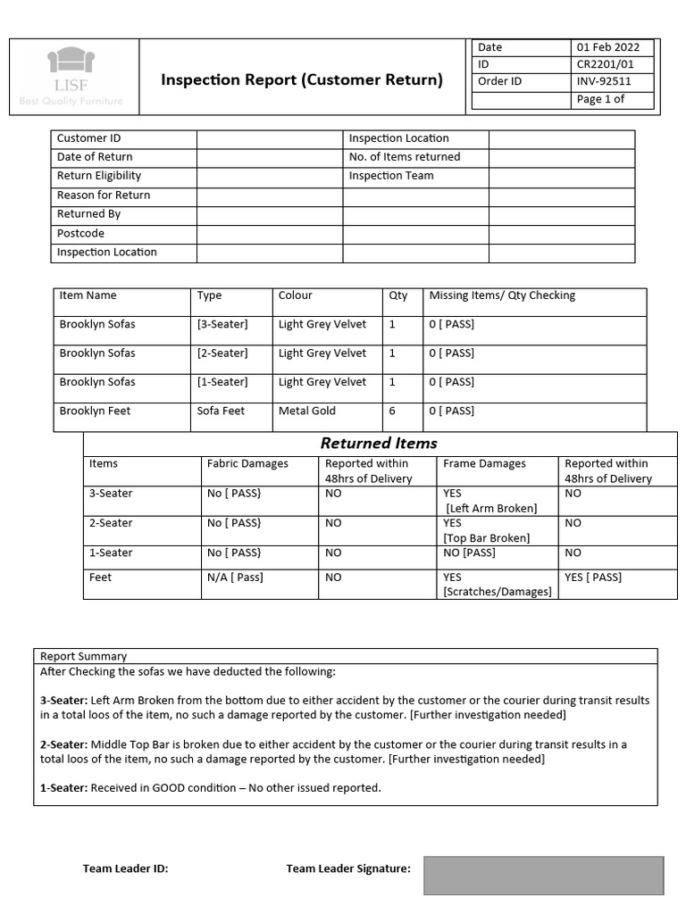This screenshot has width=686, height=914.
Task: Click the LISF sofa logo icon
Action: [x=71, y=60]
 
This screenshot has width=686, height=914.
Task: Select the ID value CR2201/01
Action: [x=603, y=64]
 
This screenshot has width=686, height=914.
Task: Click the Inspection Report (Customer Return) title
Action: [x=301, y=80]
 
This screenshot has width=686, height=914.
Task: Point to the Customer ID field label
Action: [x=88, y=138]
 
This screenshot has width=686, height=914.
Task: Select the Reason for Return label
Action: [x=104, y=195]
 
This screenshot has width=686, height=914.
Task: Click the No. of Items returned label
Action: [x=405, y=157]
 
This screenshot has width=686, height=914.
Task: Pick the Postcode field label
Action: [x=80, y=234]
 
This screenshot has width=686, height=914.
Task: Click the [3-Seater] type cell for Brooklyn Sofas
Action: [x=222, y=324]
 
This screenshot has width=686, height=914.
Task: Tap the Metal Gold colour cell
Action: [x=307, y=411]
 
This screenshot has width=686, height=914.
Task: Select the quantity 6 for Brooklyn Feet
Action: [x=392, y=411]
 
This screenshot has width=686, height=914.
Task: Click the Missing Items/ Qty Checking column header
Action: [x=502, y=295]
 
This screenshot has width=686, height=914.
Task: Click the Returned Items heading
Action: [x=379, y=443]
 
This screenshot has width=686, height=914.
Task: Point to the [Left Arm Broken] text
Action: [x=491, y=508]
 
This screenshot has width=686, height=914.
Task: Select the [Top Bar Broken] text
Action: [x=487, y=538]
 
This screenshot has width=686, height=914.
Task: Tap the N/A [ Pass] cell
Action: [x=235, y=577]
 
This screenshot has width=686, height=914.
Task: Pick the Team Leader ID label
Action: [x=125, y=868]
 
